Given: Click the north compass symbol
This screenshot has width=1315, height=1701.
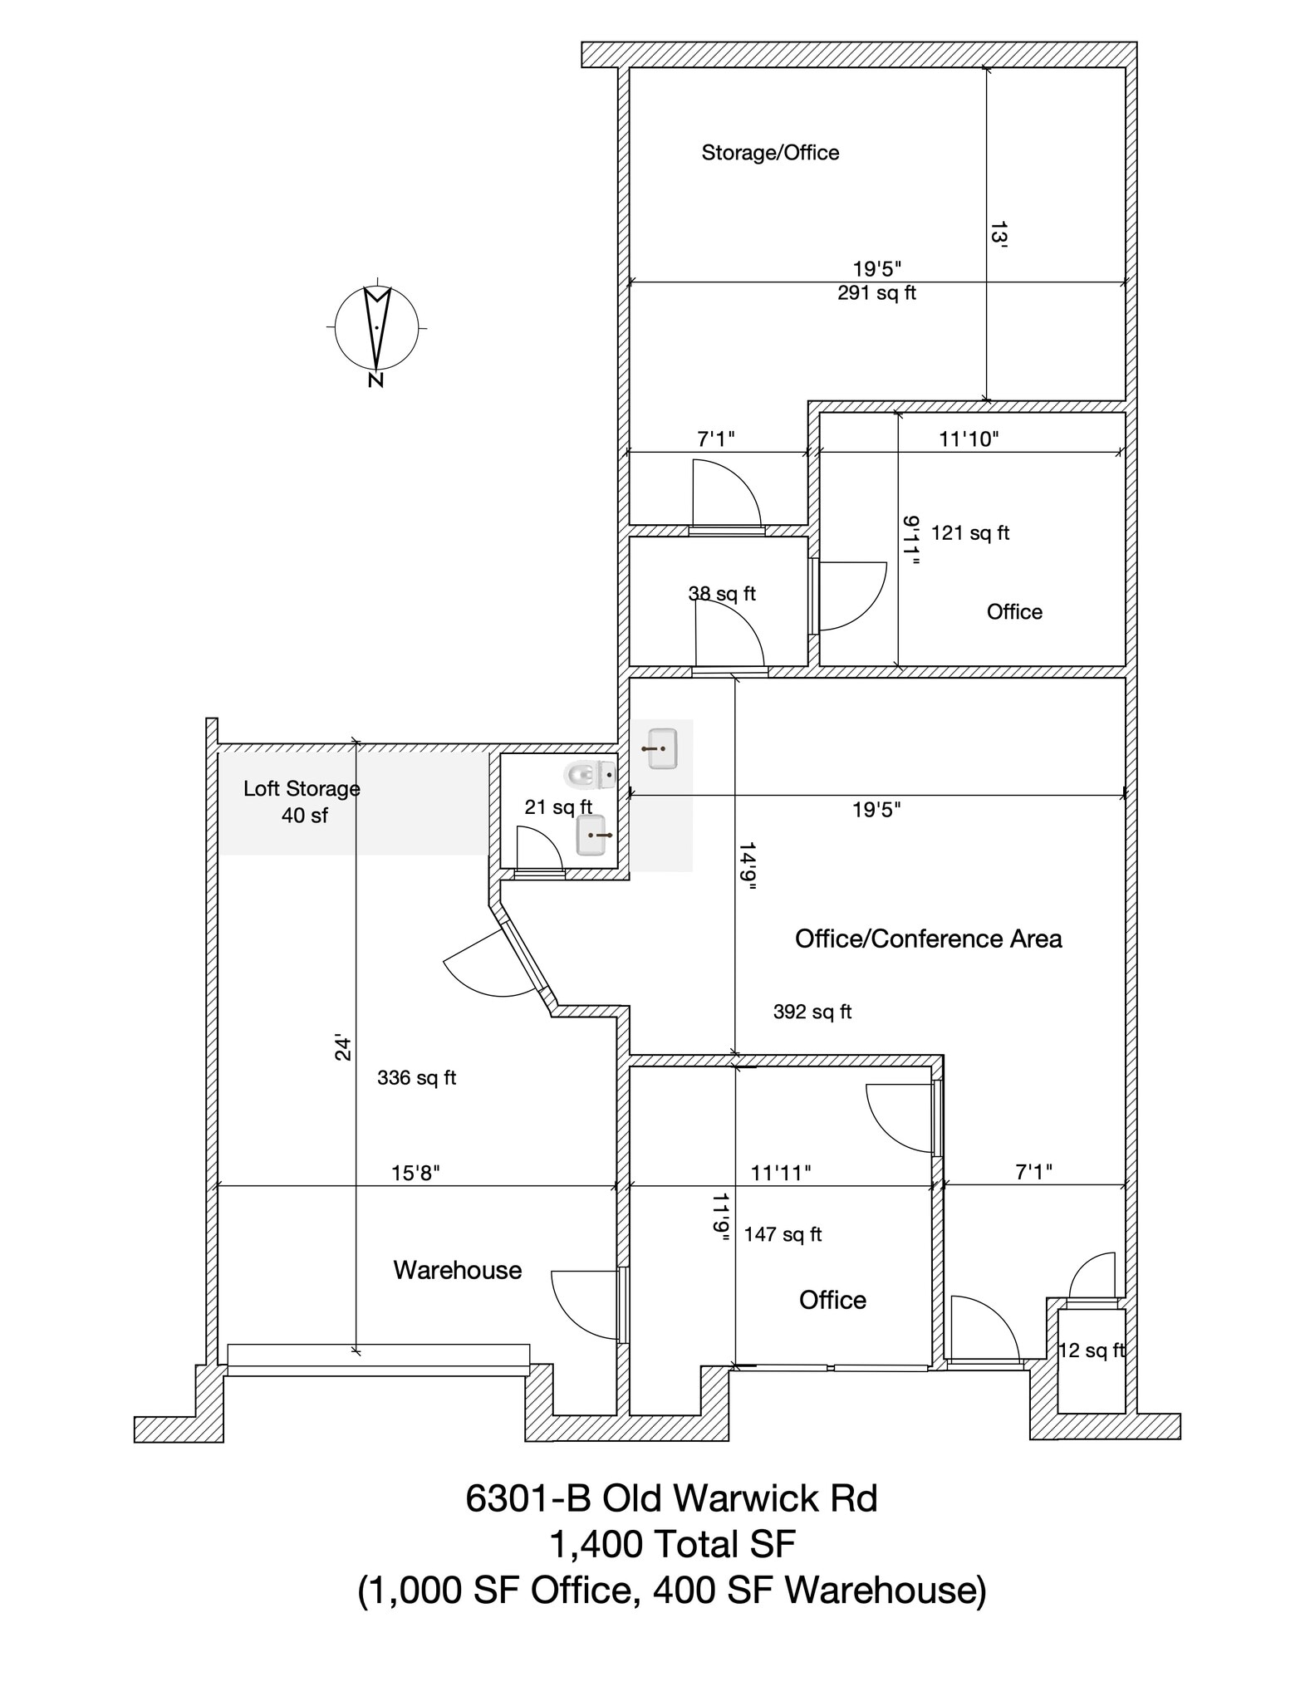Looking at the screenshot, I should pos(376,329).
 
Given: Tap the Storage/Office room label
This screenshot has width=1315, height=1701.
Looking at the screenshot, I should pos(770,153).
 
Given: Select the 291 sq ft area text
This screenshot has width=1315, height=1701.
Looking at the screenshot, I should pos(876,293).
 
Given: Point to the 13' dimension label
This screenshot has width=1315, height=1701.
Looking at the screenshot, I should pos(998,234).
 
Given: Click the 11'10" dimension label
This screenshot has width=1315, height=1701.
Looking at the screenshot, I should pos(969,439).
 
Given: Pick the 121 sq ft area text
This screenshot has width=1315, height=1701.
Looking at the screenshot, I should pos(970,533).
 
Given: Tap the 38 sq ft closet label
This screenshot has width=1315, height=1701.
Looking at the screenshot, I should pos(722,594).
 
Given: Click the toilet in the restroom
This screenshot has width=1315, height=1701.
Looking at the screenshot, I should pos(590,775).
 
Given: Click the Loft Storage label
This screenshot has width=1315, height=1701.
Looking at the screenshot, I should pos(302,789).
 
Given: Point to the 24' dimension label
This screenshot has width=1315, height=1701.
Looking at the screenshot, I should pos(343,1048).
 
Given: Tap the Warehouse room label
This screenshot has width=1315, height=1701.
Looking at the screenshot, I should pos(458,1270).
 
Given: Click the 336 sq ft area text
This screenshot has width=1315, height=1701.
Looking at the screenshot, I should pos(417,1078).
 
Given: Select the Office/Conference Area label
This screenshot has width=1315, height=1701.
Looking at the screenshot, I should pos(928,939).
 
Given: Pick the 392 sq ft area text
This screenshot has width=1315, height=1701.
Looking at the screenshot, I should pos(812,1012).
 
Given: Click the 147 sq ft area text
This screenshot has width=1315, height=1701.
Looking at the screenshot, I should pos(783,1234).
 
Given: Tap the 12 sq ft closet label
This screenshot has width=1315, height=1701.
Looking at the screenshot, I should pos(1091,1351).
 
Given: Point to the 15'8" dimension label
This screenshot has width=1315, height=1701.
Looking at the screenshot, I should pos(415,1173).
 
